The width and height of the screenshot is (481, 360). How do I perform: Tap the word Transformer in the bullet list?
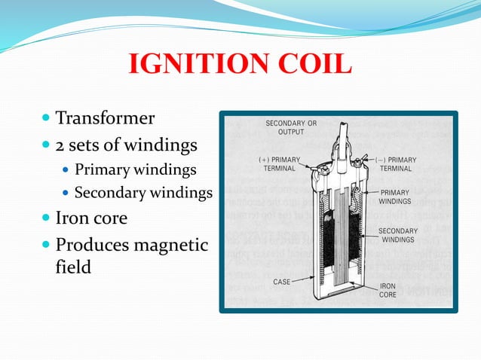(106, 118)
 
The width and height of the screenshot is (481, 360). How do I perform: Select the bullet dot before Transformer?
(47, 119)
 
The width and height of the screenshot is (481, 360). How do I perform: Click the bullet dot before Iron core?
(47, 219)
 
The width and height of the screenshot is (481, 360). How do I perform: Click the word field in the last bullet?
(74, 266)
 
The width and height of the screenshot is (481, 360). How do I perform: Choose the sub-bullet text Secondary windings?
(143, 194)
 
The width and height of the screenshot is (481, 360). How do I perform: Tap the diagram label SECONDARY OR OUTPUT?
(291, 127)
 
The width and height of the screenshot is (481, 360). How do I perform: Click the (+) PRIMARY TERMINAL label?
(279, 164)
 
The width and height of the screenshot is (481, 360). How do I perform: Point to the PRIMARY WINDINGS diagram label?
(395, 197)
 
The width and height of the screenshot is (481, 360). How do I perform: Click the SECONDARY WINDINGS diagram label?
(397, 235)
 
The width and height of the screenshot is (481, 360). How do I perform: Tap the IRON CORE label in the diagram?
(388, 291)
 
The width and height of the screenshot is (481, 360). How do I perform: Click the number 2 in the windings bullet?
(60, 143)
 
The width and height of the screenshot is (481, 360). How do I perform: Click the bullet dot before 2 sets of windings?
(47, 144)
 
